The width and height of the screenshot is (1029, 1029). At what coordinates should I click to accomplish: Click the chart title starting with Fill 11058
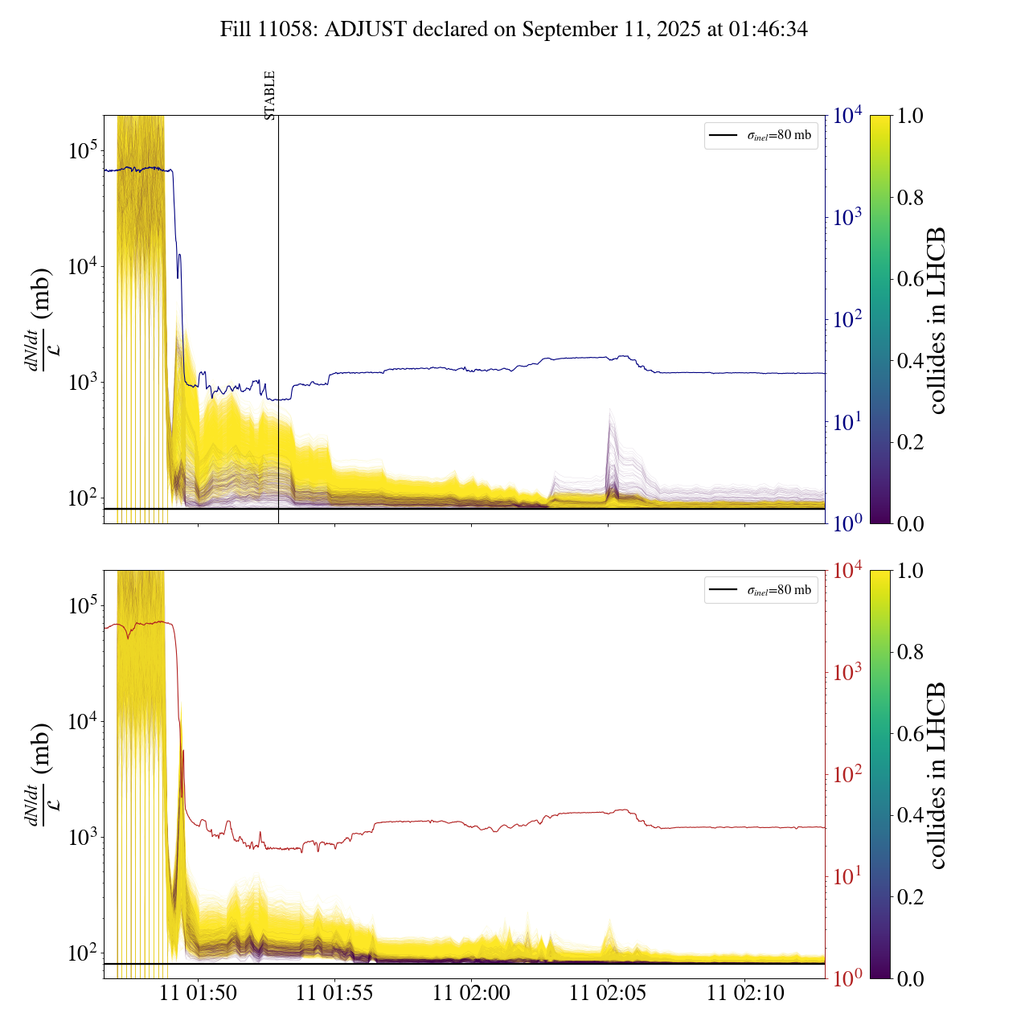pyautogui.click(x=514, y=30)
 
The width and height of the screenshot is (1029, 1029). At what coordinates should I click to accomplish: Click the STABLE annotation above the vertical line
pyautogui.click(x=270, y=95)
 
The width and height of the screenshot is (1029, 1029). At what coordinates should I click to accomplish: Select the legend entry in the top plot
pyautogui.click(x=761, y=135)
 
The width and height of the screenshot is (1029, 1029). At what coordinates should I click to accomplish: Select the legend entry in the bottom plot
pyautogui.click(x=761, y=590)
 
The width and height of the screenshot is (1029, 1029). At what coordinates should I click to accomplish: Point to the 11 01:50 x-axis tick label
pyautogui.click(x=198, y=994)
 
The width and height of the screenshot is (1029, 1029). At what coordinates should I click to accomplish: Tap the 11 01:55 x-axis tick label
pyautogui.click(x=334, y=994)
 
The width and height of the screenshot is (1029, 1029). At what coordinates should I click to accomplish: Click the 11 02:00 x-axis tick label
pyautogui.click(x=471, y=994)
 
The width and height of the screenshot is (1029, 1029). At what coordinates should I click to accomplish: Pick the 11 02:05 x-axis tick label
pyautogui.click(x=608, y=994)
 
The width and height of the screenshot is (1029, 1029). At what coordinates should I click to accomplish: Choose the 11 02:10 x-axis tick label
pyautogui.click(x=745, y=994)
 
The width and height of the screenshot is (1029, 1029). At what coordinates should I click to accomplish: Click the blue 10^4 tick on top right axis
pyautogui.click(x=848, y=116)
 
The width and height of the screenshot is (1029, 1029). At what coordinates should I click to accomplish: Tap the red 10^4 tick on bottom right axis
pyautogui.click(x=848, y=571)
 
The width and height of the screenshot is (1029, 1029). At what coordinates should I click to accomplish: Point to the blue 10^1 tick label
pyautogui.click(x=848, y=421)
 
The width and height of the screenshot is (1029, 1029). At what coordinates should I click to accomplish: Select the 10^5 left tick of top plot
pyautogui.click(x=83, y=150)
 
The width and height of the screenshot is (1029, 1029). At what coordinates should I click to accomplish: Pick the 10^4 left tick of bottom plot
pyautogui.click(x=83, y=721)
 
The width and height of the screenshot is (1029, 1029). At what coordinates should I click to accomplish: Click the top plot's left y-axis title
pyautogui.click(x=39, y=319)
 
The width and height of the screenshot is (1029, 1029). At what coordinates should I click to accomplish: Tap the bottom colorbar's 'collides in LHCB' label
pyautogui.click(x=937, y=775)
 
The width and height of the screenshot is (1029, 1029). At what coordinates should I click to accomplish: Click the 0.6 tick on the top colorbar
pyautogui.click(x=910, y=279)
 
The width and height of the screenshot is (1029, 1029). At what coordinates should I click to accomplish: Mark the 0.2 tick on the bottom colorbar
pyautogui.click(x=910, y=897)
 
